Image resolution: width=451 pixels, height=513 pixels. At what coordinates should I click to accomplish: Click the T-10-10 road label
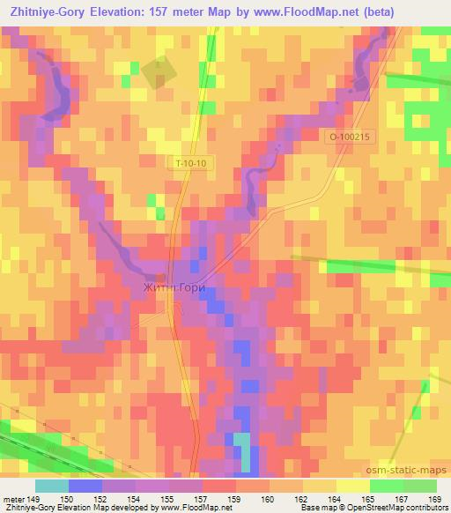click(x=186, y=164)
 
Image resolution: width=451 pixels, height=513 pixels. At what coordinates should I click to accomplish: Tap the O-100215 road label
click(x=351, y=138)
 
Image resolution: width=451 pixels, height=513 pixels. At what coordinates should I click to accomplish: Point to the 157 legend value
click(x=203, y=499)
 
